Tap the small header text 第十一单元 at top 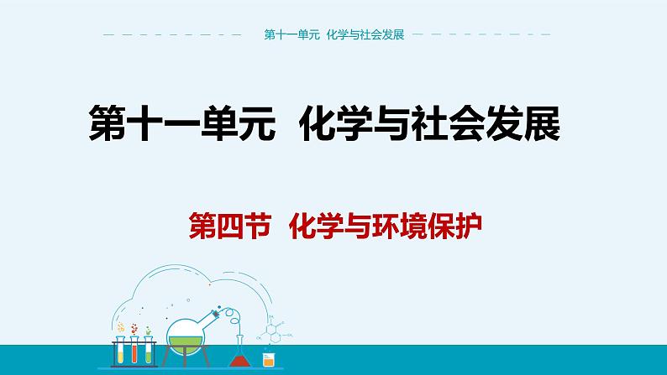click(288, 35)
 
